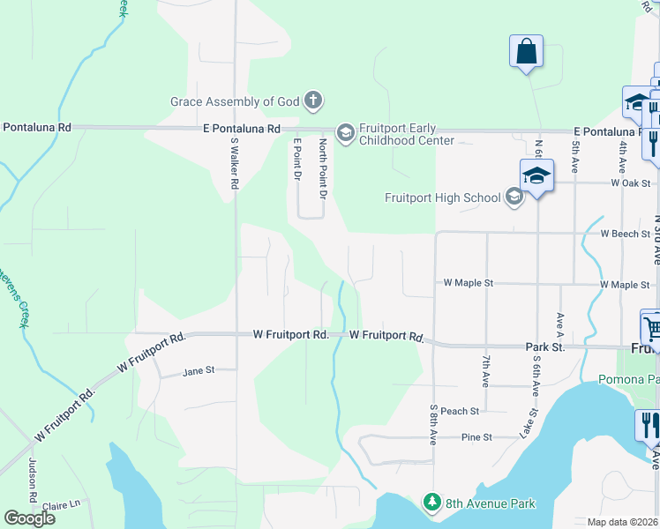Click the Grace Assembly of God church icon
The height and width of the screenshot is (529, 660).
[x=312, y=101]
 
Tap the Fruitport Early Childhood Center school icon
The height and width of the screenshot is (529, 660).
[x=345, y=132]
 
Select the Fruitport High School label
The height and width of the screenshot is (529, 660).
[x=442, y=197]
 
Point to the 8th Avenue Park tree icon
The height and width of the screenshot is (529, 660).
[x=431, y=503]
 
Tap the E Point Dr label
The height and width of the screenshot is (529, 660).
[x=297, y=160]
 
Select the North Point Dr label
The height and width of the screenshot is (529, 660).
[x=323, y=168]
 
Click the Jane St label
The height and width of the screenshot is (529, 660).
[x=199, y=371]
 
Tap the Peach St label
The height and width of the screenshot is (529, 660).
[x=460, y=411]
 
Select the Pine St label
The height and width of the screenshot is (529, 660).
[x=476, y=437]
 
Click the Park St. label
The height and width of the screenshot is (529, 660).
[x=544, y=348]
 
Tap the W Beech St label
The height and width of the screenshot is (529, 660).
[x=625, y=235]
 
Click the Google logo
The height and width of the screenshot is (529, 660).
[x=30, y=518]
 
